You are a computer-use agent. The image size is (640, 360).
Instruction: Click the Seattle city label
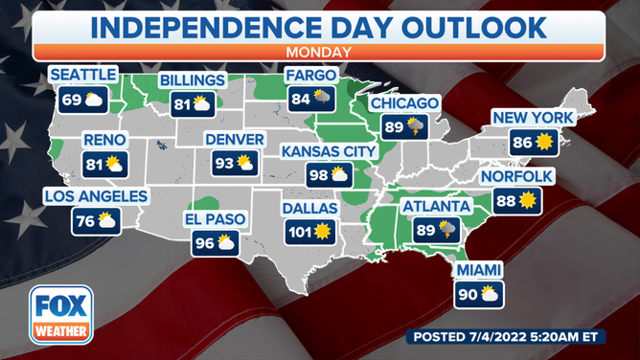(x=83, y=75)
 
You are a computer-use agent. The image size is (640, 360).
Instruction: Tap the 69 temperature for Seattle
(x=73, y=99)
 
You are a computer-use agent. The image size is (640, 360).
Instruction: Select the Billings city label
(x=194, y=79)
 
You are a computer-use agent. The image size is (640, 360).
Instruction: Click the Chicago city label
(x=404, y=102)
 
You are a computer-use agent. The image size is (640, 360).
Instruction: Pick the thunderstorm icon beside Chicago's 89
(x=415, y=125)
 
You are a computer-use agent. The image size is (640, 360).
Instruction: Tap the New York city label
(x=533, y=118)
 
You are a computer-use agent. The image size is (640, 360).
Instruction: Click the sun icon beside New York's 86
(x=545, y=143)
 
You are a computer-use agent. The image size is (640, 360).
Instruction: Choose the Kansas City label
(x=329, y=151)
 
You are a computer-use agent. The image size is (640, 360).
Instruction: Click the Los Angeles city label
(x=96, y=197)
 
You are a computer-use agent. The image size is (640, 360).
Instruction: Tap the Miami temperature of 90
(x=467, y=294)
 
